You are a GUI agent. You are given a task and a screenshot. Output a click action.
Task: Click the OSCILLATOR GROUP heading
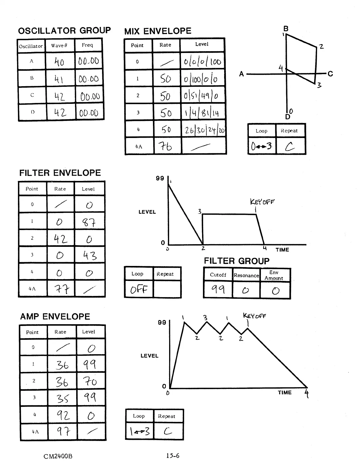64,31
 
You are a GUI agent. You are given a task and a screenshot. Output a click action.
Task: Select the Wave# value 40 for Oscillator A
59,62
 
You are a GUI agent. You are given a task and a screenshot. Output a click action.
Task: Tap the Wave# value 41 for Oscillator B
59,79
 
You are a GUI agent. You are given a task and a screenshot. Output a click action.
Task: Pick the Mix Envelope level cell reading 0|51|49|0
203,96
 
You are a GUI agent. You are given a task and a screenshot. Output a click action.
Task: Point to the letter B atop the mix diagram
286,29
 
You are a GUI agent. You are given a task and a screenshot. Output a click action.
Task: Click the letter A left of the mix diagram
241,74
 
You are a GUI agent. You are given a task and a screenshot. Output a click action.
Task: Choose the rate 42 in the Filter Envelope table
61,239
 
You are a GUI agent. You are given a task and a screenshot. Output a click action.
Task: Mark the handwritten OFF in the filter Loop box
139,289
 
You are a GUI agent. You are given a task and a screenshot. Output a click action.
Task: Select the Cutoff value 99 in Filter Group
218,290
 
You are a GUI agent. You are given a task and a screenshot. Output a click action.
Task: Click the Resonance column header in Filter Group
246,275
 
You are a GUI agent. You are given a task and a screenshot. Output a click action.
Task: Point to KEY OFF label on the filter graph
262,202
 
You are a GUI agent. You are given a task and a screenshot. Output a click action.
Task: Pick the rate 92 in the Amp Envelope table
63,415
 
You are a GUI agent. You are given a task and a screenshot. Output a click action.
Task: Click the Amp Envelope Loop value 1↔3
140,432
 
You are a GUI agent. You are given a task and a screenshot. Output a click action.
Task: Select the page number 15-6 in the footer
173,456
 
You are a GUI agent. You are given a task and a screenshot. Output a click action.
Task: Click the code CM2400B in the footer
58,456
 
